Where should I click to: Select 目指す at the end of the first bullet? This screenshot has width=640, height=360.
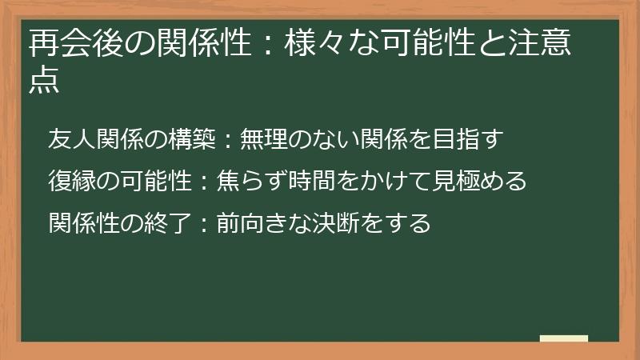[471, 139]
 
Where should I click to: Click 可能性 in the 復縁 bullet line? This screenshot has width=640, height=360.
[157, 181]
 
